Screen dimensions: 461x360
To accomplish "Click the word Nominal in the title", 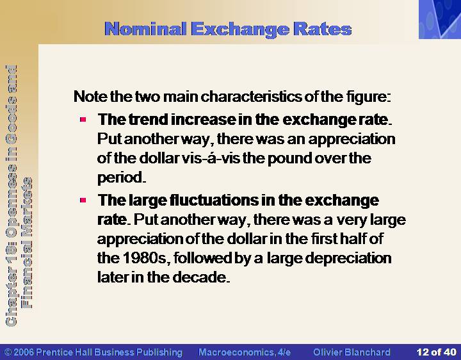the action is pos(145,29).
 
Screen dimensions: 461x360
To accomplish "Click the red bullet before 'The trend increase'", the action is pos(83,119).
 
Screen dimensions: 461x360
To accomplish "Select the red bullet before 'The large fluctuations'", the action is pos(83,200).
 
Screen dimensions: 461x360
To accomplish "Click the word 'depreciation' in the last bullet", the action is pos(348,259).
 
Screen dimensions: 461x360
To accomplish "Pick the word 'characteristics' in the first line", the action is pos(251,97).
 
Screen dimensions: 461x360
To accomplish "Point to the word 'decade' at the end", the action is pos(199,277).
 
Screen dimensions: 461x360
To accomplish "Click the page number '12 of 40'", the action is pos(436,352).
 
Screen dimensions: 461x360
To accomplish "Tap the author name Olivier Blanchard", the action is pos(352,352).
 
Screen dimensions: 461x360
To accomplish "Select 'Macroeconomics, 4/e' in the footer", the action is pos(245,352).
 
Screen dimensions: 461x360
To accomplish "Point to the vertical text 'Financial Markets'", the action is pos(28,243).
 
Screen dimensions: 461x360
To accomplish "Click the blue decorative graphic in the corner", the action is pos(440,19).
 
